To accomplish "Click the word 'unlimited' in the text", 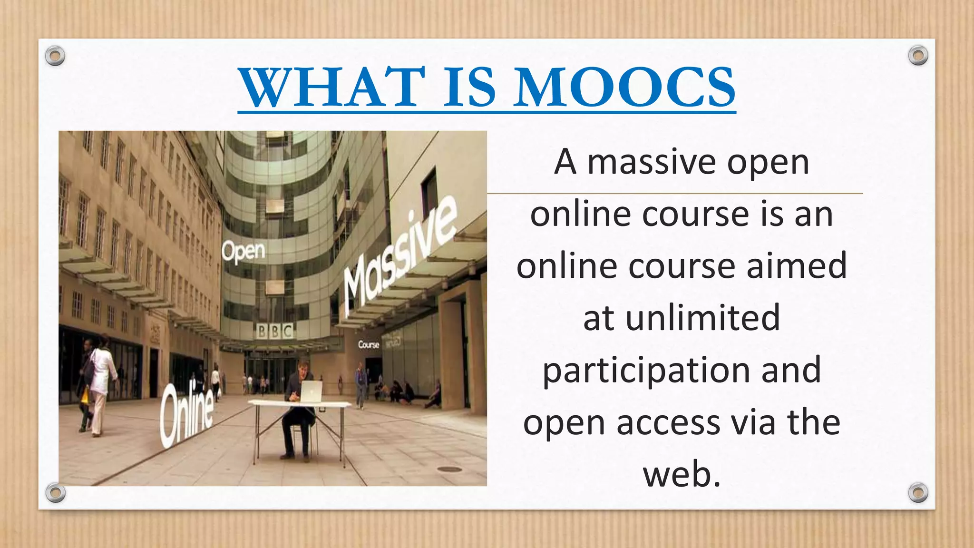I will [702, 318].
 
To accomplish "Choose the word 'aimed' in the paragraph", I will [797, 266].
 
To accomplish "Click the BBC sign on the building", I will [275, 331].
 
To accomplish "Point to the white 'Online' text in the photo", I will [187, 414].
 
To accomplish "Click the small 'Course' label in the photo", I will [369, 344].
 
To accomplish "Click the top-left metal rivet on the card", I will [55, 56].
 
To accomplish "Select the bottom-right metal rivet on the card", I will [918, 492].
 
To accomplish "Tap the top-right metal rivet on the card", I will [918, 56].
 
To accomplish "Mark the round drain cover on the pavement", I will [449, 469].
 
